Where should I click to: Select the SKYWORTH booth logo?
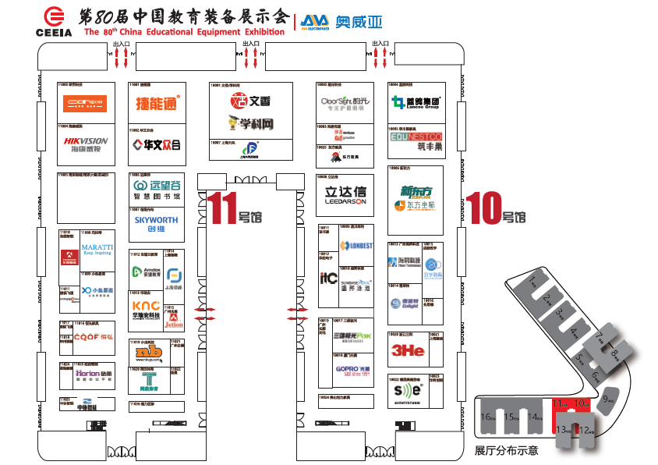tap(156, 224)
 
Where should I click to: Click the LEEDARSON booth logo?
tap(345, 195)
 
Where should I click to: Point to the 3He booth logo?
tap(408, 350)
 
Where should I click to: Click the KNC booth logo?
tap(146, 307)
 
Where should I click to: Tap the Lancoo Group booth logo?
tap(416, 102)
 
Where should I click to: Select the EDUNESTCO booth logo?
tap(416, 137)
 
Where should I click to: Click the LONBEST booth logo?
tap(357, 246)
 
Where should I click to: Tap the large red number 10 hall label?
tap(483, 208)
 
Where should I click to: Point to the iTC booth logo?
tap(328, 277)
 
